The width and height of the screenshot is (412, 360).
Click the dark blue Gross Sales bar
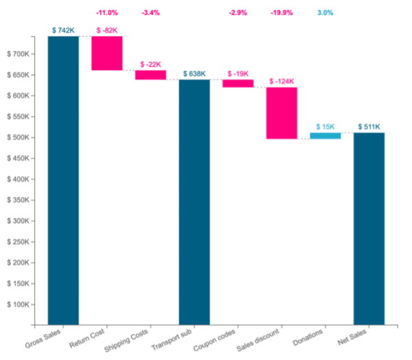(63, 179)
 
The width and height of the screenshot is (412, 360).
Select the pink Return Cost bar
(107, 53)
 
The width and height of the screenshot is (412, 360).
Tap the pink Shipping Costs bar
(150, 75)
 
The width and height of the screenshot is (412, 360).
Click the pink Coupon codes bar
(238, 83)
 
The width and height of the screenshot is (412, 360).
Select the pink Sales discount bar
(282, 113)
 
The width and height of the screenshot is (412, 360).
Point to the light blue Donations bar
(325, 135)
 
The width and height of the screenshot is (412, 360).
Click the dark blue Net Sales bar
(369, 227)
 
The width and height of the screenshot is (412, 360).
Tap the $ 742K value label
(63, 30)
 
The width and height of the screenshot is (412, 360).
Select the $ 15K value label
(325, 127)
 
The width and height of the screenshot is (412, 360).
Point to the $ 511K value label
(369, 127)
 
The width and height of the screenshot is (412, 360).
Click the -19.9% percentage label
(282, 13)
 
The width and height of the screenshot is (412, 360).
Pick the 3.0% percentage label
(325, 13)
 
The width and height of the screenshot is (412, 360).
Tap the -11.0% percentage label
(107, 13)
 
